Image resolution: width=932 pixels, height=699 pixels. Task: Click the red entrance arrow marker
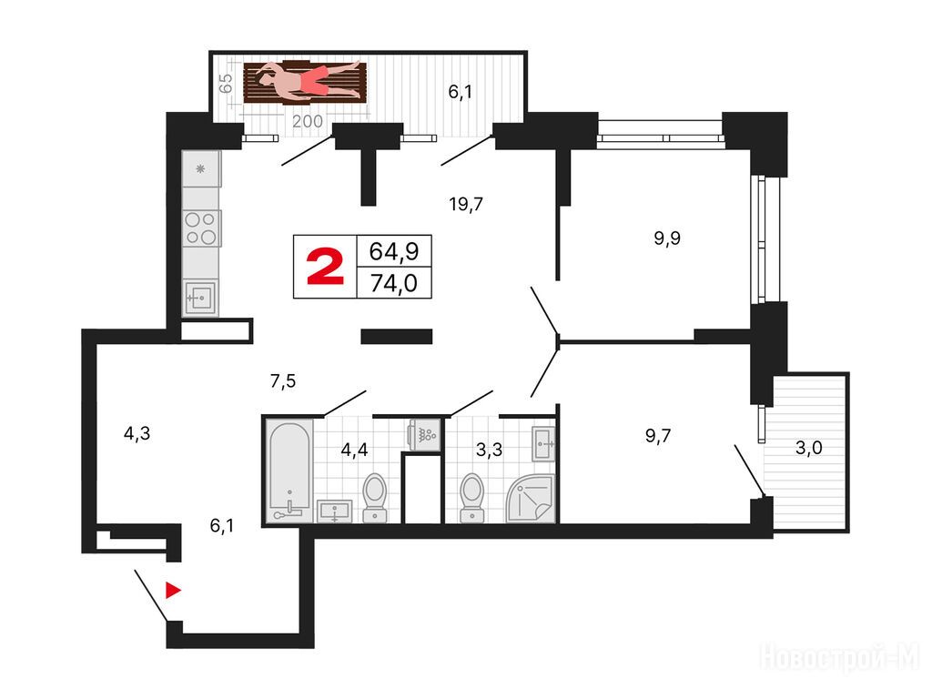point(172,590)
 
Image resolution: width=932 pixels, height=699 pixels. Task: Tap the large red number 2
point(325,267)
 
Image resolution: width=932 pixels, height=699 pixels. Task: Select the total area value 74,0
point(393,284)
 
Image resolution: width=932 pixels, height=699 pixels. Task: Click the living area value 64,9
point(393,251)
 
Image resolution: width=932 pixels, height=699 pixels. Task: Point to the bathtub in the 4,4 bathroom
point(289,471)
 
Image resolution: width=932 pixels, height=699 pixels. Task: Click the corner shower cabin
point(531,498)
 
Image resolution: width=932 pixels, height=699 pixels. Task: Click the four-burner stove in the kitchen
point(201,228)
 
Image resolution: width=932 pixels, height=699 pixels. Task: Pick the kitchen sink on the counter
point(200,298)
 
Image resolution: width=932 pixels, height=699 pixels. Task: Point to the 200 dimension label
point(308,121)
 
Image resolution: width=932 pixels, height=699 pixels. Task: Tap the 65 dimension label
point(226,83)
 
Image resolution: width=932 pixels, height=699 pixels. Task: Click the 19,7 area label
point(466,205)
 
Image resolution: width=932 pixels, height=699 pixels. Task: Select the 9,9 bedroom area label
point(667,238)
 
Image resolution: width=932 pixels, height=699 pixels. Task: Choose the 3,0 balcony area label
point(808,447)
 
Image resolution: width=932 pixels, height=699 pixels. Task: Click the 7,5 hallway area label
point(283,381)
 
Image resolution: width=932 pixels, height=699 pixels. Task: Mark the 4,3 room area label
point(137,434)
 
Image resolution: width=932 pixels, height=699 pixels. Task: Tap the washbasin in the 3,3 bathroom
point(543,443)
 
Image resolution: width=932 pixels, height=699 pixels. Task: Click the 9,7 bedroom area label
point(658,436)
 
